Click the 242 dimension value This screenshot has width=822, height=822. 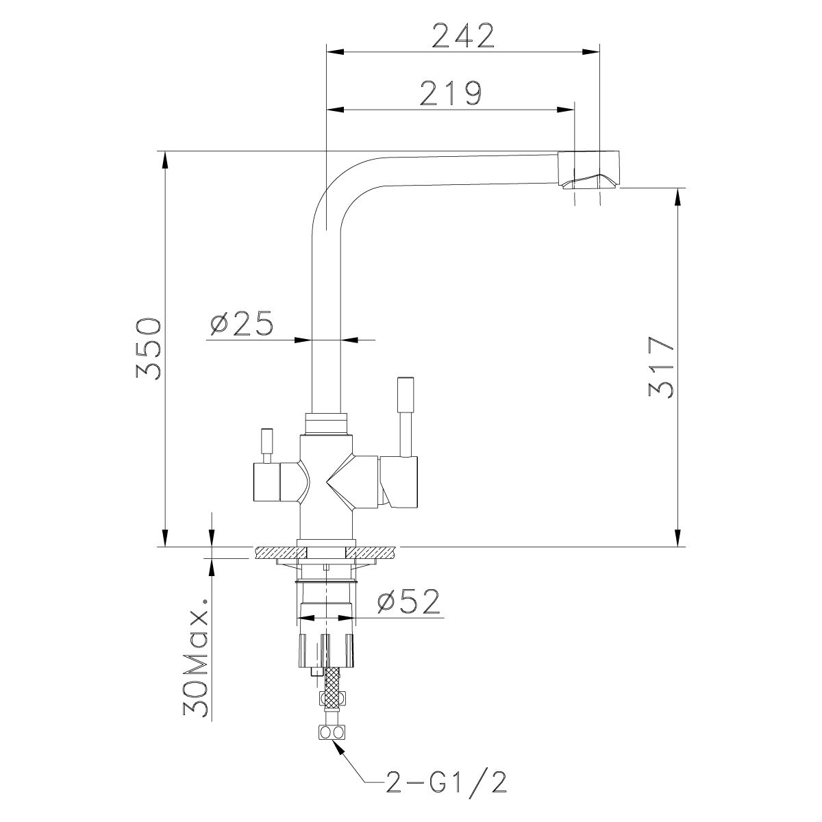pyautogui.click(x=463, y=35)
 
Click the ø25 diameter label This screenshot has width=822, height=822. pyautogui.click(x=242, y=323)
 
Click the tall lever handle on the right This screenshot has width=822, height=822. pyautogui.click(x=403, y=414)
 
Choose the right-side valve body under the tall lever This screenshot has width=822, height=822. pyautogui.click(x=401, y=483)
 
